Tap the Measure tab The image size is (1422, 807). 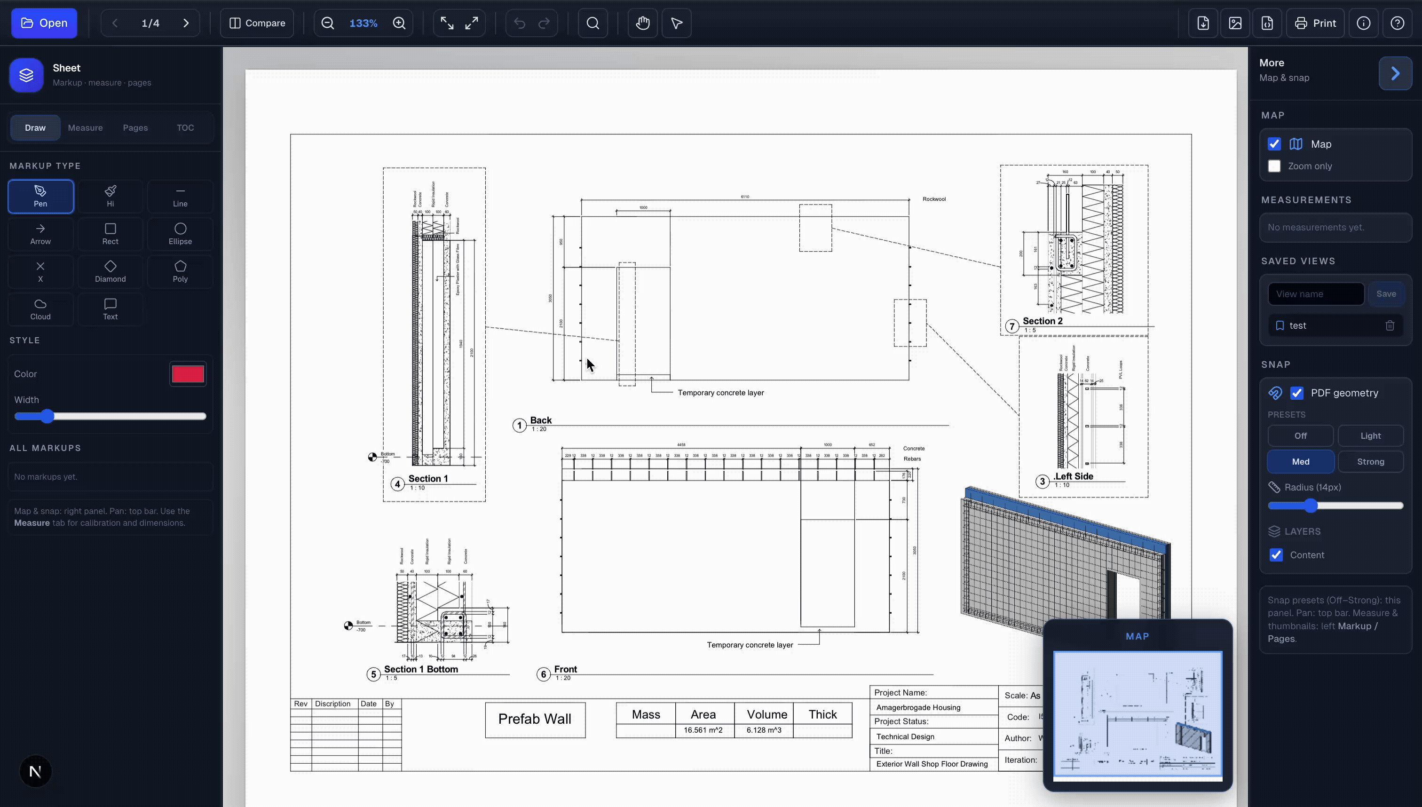[x=85, y=127]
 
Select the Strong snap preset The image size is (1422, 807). [x=1370, y=462]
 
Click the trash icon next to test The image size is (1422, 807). [x=1389, y=326]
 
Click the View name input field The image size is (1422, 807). [x=1315, y=294]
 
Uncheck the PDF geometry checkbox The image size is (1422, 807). [x=1297, y=393]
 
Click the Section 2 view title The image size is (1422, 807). [x=1042, y=321]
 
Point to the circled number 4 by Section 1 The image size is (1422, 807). [x=397, y=484]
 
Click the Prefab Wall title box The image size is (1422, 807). [x=534, y=719]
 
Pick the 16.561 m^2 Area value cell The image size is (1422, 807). [x=703, y=730]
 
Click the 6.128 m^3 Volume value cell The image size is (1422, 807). [x=763, y=730]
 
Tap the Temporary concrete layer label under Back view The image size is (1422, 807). [x=720, y=392]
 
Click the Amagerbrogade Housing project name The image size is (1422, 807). [x=918, y=707]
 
